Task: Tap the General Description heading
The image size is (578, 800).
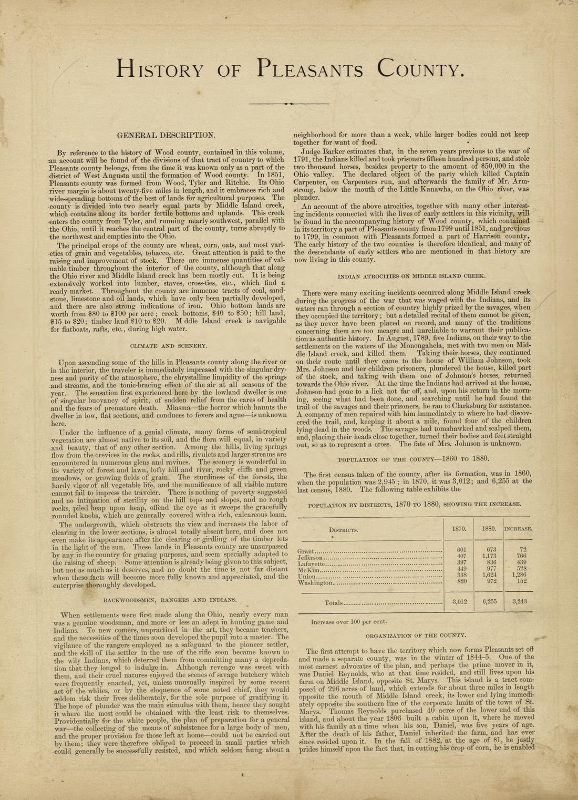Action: tap(166, 135)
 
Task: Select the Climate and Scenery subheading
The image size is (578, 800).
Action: tap(169, 346)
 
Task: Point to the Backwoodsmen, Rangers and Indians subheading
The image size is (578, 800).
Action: tap(170, 599)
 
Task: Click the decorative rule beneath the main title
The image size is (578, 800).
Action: tap(288, 104)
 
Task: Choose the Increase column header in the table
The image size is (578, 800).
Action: tap(518, 529)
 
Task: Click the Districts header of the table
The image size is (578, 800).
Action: tap(344, 530)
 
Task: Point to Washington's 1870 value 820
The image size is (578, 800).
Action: tap(459, 582)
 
